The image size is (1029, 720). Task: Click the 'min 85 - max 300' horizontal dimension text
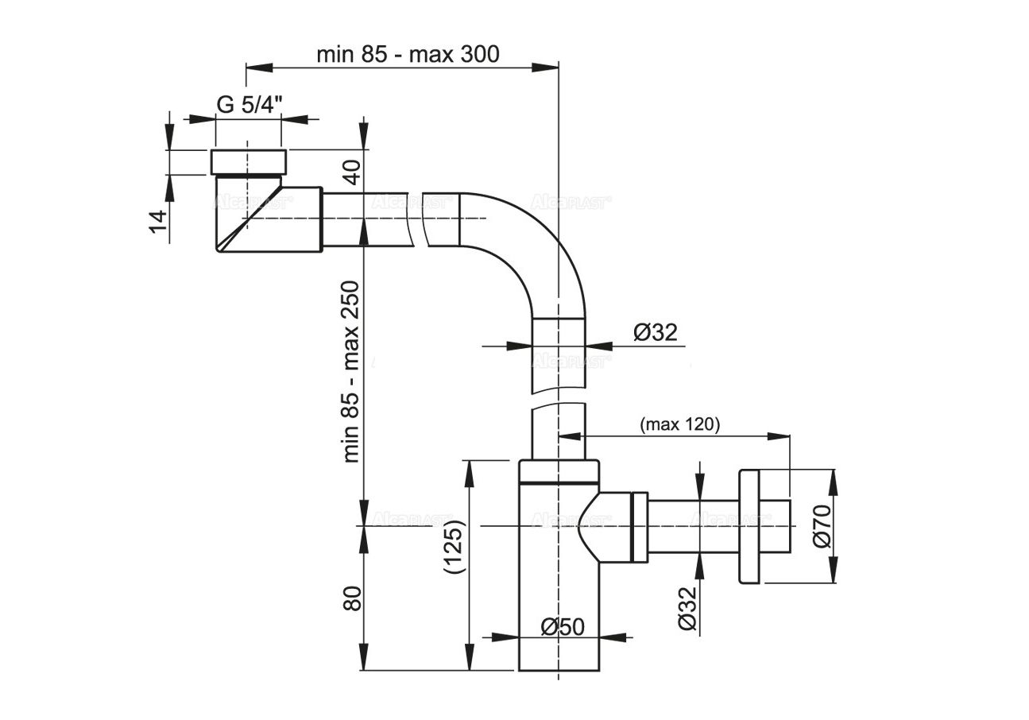(x=408, y=54)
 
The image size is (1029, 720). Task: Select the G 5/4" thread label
(x=250, y=105)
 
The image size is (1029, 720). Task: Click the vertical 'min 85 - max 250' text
(x=352, y=371)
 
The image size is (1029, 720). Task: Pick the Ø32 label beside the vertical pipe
(x=656, y=332)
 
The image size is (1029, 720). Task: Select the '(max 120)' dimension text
(x=679, y=424)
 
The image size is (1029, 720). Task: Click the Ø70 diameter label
(x=822, y=525)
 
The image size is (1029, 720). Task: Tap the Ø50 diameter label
(x=563, y=627)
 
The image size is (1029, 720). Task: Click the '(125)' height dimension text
(x=453, y=548)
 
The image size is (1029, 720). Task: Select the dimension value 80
(x=352, y=598)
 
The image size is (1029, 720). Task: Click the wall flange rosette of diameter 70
(x=749, y=526)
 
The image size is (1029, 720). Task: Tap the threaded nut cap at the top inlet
(x=248, y=161)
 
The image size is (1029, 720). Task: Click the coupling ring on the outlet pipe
(x=639, y=525)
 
